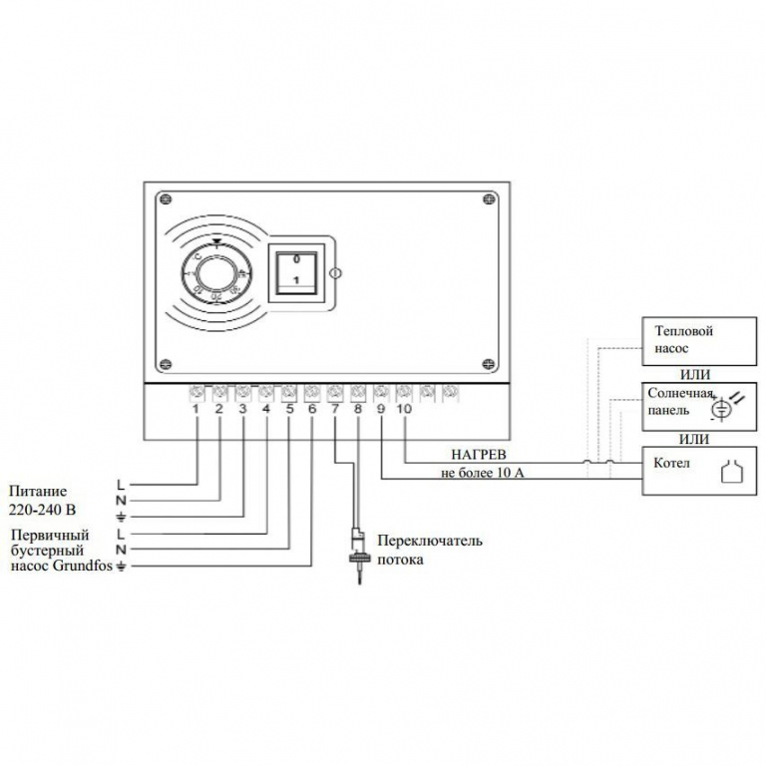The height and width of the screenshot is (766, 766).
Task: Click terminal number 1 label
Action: pyautogui.click(x=196, y=409)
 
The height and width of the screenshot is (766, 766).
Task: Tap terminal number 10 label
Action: pyautogui.click(x=404, y=409)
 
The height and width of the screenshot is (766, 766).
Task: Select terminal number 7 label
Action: pyautogui.click(x=334, y=409)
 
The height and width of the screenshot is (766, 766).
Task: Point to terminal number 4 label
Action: pyautogui.click(x=265, y=409)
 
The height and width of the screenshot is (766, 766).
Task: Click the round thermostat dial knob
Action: pyautogui.click(x=212, y=272)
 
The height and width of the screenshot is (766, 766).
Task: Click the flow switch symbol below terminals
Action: pyautogui.click(x=356, y=550)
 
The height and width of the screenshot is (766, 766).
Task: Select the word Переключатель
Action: pyautogui.click(x=430, y=541)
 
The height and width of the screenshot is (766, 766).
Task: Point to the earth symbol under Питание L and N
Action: pyautogui.click(x=122, y=516)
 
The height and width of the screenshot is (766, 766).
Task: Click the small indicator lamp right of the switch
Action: pyautogui.click(x=336, y=272)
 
